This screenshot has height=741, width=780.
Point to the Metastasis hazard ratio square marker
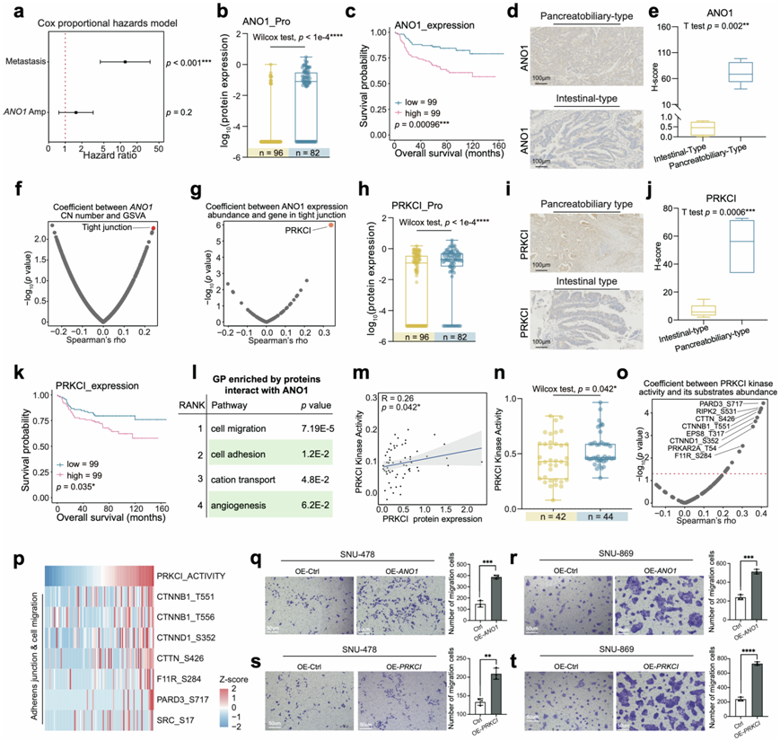(125, 62)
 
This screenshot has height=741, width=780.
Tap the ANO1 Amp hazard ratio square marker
(76, 112)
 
